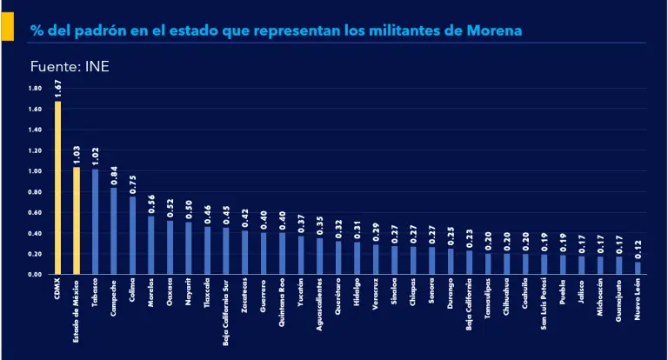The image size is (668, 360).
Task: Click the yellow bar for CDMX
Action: [x=58, y=187]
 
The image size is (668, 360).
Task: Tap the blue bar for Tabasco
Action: [x=95, y=221]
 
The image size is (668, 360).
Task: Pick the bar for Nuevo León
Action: [x=638, y=268]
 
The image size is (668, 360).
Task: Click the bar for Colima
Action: [x=132, y=235]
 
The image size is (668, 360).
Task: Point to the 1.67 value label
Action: [x=58, y=87]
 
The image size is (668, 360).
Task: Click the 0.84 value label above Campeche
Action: [x=114, y=175]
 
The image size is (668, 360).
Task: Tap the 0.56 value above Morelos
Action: [x=151, y=203]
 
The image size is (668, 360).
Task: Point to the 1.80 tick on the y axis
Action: [x=35, y=89]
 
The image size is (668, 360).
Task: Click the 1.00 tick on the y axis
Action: [x=35, y=171]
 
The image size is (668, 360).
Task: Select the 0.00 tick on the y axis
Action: [x=35, y=274]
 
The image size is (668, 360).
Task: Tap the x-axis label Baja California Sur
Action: [x=226, y=312]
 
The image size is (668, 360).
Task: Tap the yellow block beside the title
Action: [x=6, y=30]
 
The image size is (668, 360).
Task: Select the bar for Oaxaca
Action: [x=170, y=247]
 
